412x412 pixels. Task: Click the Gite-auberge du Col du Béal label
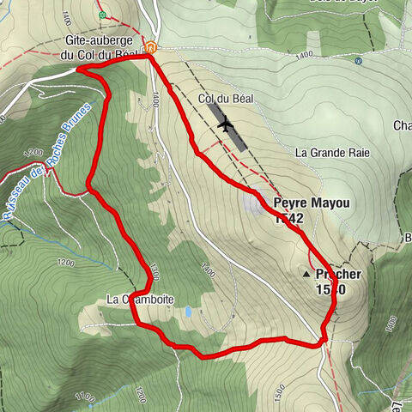[x=100, y=47]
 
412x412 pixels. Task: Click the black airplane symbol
[x=226, y=125]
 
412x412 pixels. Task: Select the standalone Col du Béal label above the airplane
[x=217, y=100]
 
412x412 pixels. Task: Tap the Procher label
[x=338, y=275]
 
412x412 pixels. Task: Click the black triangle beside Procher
[x=306, y=275]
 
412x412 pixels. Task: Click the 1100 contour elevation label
[x=84, y=397]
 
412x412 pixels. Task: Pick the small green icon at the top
[x=102, y=15]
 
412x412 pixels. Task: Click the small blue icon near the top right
[x=358, y=61]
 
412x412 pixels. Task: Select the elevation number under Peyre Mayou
[x=289, y=220]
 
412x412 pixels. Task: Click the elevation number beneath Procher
[x=330, y=290]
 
